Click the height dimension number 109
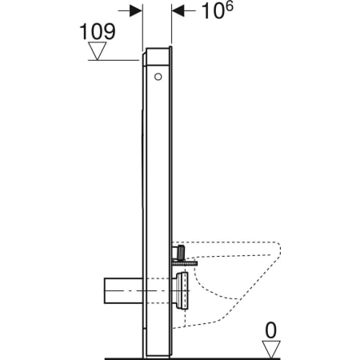[x=97, y=31]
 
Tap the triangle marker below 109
[x=98, y=51]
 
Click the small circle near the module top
[x=157, y=78]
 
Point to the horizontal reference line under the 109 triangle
[x=112, y=61]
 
